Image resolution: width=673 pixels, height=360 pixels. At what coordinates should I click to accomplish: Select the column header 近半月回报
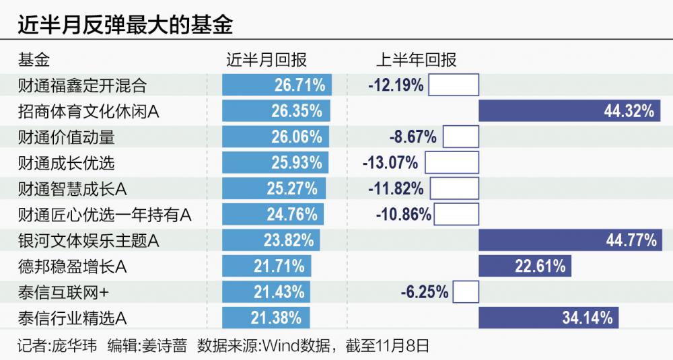pos(267,61)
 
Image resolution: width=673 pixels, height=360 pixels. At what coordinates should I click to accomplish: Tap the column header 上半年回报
pos(416,61)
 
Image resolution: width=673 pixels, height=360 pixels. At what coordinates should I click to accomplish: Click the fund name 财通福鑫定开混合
pos(83,85)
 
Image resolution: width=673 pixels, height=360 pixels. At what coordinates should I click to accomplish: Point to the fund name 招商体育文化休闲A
pos(89,111)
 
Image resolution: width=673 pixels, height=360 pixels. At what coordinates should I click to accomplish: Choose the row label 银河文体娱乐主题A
pos(89,240)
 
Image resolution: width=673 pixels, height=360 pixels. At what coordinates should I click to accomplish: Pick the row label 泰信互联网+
pos(65,292)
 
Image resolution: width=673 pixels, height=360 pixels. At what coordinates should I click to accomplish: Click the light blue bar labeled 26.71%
pos(277,85)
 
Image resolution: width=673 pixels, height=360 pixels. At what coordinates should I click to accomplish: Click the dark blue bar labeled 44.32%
pos(569,111)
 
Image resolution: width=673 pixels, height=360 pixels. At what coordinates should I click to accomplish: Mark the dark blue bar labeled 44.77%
pos(570,240)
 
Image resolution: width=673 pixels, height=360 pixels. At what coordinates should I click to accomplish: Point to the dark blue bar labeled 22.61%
pos(524,266)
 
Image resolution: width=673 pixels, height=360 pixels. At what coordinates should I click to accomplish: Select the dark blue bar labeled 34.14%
pos(548,318)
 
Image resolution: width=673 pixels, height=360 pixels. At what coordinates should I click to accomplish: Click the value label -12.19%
pos(396,85)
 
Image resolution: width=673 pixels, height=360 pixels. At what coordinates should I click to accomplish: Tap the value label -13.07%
pos(390,163)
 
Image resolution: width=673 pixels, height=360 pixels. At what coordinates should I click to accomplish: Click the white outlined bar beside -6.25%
pos(466,292)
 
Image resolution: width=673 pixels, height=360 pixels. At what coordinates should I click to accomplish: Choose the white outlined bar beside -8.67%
pos(460,137)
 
